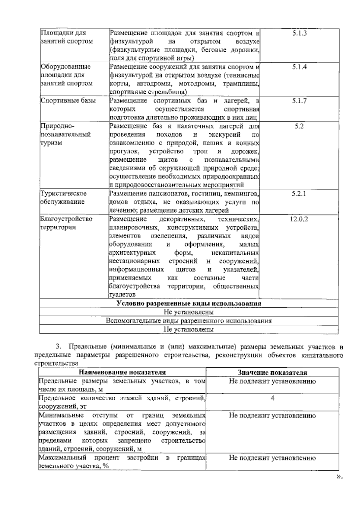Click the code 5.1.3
(x=299, y=33)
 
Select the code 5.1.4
(x=299, y=67)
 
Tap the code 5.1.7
(x=299, y=101)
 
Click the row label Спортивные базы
(x=68, y=101)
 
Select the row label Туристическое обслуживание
(x=64, y=198)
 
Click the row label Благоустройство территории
(x=66, y=223)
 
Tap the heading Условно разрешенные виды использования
(x=189, y=304)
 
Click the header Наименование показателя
(x=122, y=373)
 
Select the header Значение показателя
(x=272, y=373)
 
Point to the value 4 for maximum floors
(x=272, y=398)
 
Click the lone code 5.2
(x=299, y=126)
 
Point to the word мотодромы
(x=197, y=84)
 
